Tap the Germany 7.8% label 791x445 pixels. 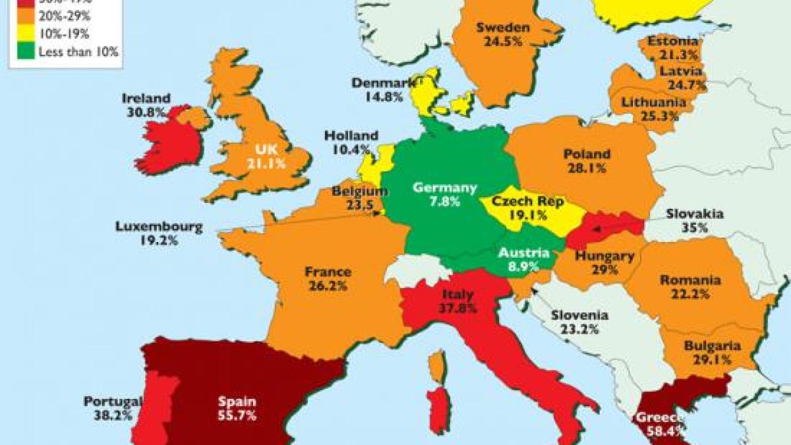pyautogui.click(x=444, y=195)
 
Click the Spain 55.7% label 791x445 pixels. pyautogui.click(x=237, y=408)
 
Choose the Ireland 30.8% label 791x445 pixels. pyautogui.click(x=146, y=105)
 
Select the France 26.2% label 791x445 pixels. pyautogui.click(x=328, y=279)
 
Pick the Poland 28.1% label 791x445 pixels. pyautogui.click(x=587, y=161)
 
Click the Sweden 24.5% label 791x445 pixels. pyautogui.click(x=503, y=34)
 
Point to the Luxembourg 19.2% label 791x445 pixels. pyautogui.click(x=159, y=233)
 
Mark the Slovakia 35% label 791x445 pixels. pyautogui.click(x=694, y=220)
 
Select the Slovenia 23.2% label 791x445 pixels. pyautogui.click(x=580, y=322)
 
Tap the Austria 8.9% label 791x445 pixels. pyautogui.click(x=523, y=259)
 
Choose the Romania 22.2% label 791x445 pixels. pyautogui.click(x=691, y=287)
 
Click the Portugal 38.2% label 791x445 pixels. pyautogui.click(x=113, y=408)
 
